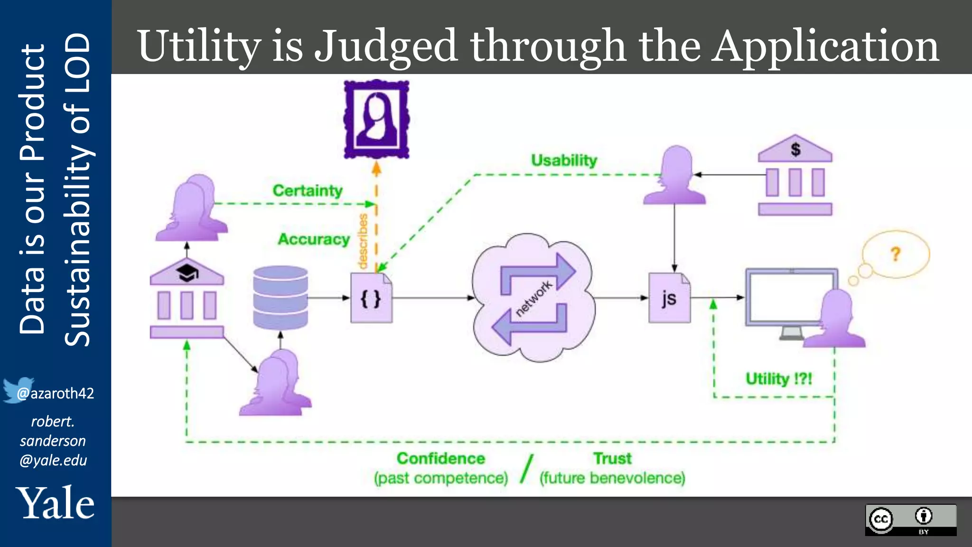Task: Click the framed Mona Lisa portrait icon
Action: pos(376,119)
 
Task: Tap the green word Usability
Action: pos(564,160)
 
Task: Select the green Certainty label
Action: pos(308,190)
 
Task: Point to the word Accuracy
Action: pos(314,239)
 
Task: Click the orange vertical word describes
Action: pos(363,241)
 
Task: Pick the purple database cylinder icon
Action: pos(280,298)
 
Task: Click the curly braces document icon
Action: pos(371,298)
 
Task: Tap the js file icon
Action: pos(669,298)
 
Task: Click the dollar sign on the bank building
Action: pos(795,149)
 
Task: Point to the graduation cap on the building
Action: pos(187,273)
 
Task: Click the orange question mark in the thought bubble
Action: pos(895,254)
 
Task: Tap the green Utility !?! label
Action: pos(779,378)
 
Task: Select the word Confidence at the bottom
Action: pos(441,458)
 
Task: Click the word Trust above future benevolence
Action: pos(612,458)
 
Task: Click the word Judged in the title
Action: pos(385,47)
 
